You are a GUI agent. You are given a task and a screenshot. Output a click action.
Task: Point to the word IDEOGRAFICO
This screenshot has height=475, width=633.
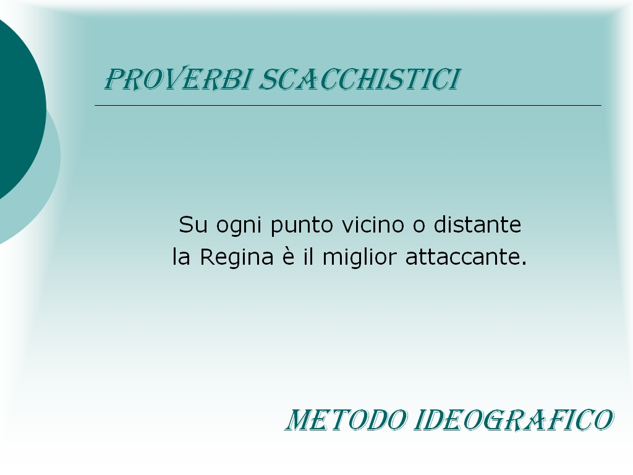tap(514, 420)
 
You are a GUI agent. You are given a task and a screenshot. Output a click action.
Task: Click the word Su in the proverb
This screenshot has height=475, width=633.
tap(193, 225)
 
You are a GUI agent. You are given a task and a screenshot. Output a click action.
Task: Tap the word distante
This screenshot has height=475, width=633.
tap(478, 225)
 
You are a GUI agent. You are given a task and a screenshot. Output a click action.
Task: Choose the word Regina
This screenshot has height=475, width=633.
tap(237, 259)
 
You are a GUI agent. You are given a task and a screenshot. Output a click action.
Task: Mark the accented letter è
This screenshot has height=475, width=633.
tap(288, 257)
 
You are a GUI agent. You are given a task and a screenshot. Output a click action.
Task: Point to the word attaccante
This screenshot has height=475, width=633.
tap(462, 257)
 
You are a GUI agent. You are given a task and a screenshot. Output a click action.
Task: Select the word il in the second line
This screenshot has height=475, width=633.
tap(308, 257)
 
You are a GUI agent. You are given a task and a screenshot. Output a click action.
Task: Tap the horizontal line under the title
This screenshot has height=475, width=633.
tap(348, 105)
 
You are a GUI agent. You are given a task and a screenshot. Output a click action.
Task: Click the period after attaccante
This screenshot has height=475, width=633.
tap(524, 263)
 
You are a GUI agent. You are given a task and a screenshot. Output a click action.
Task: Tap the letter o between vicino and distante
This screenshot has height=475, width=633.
tap(419, 226)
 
